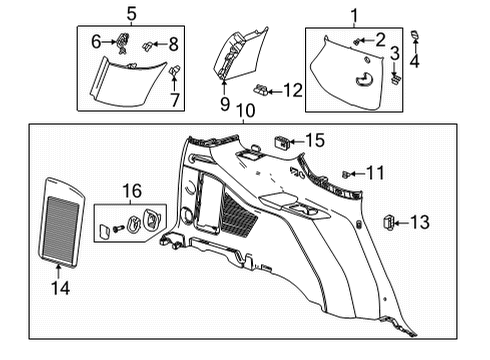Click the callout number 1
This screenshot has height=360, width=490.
point(352,14)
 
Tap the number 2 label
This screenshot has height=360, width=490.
point(380,39)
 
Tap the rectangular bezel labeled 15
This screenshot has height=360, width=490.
point(282,141)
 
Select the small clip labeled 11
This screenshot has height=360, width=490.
point(346,174)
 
